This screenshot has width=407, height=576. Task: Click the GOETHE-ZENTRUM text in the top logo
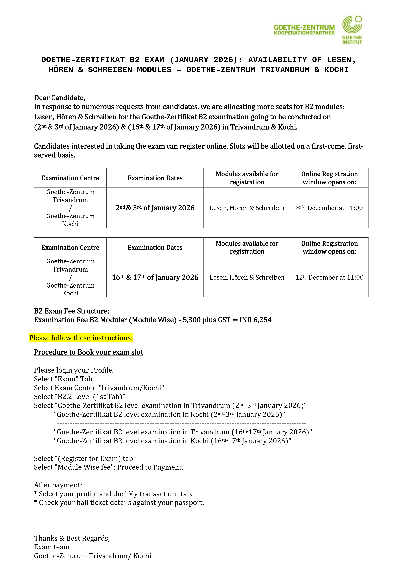pyautogui.click(x=304, y=27)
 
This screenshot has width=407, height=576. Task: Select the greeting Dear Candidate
pyautogui.click(x=59, y=98)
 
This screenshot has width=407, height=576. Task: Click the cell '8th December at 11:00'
pyautogui.click(x=329, y=208)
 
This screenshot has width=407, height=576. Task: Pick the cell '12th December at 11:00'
pyautogui.click(x=329, y=277)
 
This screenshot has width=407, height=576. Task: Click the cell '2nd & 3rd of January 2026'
pyautogui.click(x=155, y=208)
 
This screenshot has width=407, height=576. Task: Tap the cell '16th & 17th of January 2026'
pyautogui.click(x=155, y=277)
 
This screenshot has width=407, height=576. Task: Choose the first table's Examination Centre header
pyautogui.click(x=70, y=178)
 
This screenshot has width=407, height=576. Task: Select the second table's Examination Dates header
pyautogui.click(x=155, y=248)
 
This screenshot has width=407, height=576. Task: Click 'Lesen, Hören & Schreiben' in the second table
pyautogui.click(x=247, y=277)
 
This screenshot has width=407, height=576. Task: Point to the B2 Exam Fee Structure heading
pyautogui.click(x=72, y=311)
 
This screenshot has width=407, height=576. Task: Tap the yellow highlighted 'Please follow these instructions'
pyautogui.click(x=81, y=338)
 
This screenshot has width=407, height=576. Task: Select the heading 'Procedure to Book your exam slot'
pyautogui.click(x=89, y=352)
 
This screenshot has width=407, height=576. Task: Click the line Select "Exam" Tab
pyautogui.click(x=63, y=379)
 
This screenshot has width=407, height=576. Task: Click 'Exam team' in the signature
pyautogui.click(x=52, y=547)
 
